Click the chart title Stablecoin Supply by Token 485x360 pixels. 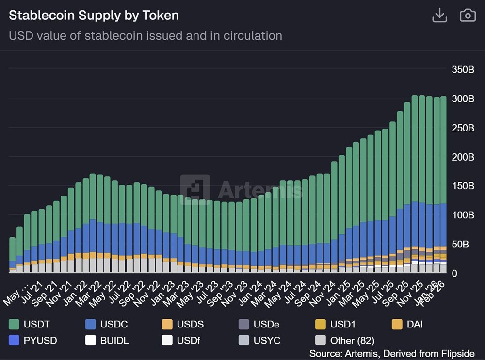94,16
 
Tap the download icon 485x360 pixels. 439,16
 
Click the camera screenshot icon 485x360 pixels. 468,16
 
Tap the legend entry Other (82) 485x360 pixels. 344,341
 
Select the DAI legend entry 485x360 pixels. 407,324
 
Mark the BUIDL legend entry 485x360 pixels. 107,341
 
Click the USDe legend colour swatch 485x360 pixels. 244,324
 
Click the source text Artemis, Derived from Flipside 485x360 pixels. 392,353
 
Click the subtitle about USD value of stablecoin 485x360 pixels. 145,35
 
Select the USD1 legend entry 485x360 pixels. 339,324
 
